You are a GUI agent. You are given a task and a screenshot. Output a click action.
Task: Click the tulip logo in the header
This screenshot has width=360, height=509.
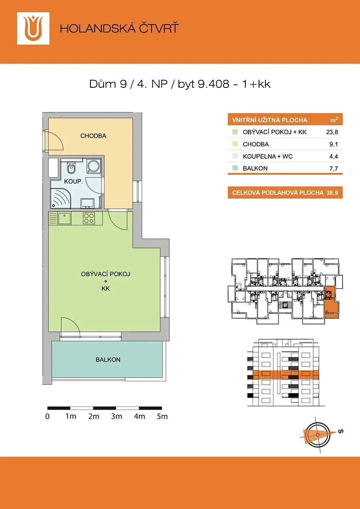tap(33, 28)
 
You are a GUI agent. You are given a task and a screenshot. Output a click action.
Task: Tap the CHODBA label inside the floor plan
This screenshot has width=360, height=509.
tap(93, 136)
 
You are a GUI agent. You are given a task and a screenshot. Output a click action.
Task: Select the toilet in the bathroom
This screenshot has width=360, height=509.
tap(71, 168)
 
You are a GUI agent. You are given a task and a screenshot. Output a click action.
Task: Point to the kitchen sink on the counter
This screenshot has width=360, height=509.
tap(65, 218)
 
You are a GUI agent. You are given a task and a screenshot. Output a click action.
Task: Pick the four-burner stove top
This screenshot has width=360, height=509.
tap(89, 218)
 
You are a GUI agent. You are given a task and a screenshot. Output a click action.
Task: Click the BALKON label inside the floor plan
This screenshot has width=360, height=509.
tap(108, 360)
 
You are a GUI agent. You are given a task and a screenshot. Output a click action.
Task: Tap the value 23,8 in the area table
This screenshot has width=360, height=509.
tap(332, 132)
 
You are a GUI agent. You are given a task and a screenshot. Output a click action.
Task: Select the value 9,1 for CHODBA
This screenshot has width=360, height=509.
tap(334, 144)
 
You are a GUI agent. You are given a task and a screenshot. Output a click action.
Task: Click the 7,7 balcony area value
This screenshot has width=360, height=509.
tap(334, 169)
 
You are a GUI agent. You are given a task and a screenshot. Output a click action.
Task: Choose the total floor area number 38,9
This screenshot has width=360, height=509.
tap(332, 193)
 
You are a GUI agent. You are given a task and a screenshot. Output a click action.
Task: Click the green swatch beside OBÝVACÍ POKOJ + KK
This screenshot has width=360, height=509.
tap(235, 132)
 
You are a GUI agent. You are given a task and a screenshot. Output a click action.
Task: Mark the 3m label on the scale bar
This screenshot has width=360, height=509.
tap(117, 416)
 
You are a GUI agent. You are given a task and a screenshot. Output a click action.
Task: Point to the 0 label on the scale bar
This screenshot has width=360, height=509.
tap(47, 416)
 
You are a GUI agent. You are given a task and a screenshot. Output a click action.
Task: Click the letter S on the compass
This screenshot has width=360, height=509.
tap(340, 431)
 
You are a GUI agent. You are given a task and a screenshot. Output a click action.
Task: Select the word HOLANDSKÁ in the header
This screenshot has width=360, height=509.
tap(97, 28)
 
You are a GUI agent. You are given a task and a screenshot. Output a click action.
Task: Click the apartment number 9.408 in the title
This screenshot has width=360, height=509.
tap(214, 84)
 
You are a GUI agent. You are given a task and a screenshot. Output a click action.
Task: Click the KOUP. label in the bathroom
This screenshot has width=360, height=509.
tap(73, 182)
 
